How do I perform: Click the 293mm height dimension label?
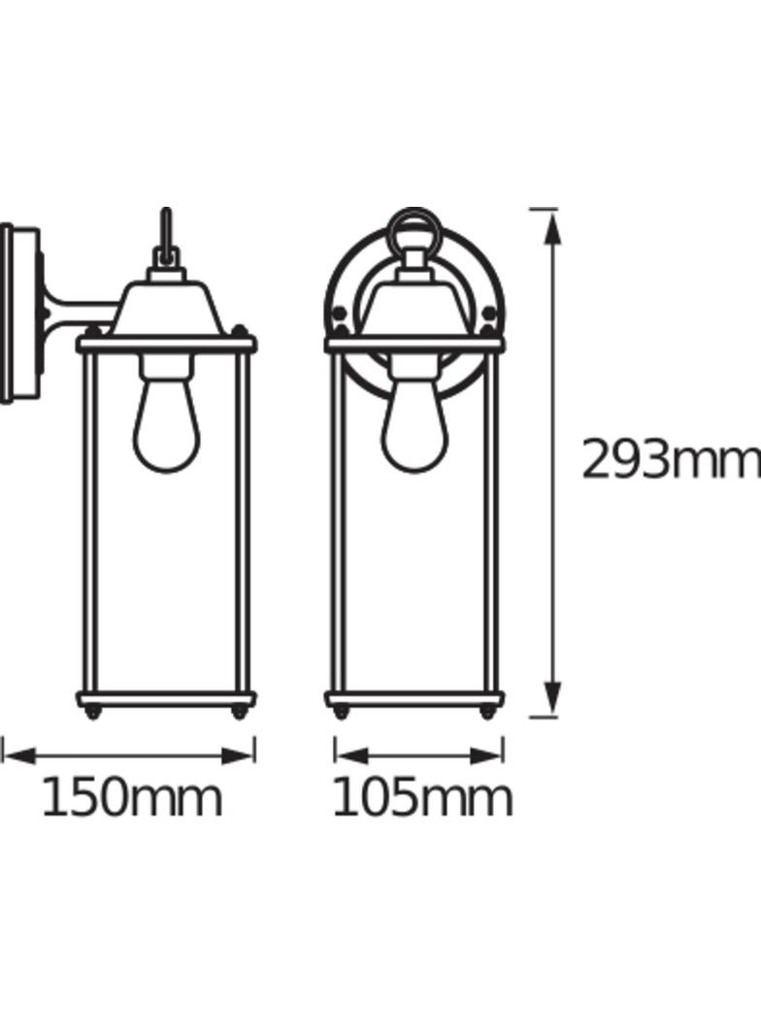tap(669, 460)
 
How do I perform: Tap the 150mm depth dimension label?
tap(131, 798)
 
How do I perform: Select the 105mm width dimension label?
tap(421, 798)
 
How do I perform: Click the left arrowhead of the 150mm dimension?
tap(17, 754)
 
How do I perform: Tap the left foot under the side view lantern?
tap(93, 714)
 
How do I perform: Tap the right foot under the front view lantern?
tap(488, 714)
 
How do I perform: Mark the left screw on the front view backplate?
tap(339, 313)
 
